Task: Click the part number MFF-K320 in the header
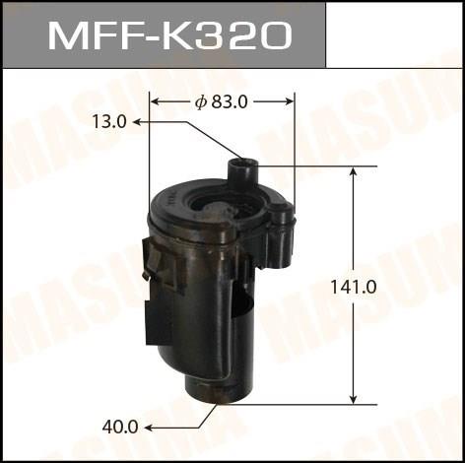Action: pyautogui.click(x=169, y=35)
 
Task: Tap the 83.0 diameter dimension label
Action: pyautogui.click(x=230, y=102)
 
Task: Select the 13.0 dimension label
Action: pyautogui.click(x=109, y=122)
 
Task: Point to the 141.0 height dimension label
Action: pyautogui.click(x=354, y=288)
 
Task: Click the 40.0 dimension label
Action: pyautogui.click(x=120, y=428)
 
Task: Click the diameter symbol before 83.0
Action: pyautogui.click(x=200, y=102)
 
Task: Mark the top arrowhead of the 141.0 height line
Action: pyautogui.click(x=354, y=172)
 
